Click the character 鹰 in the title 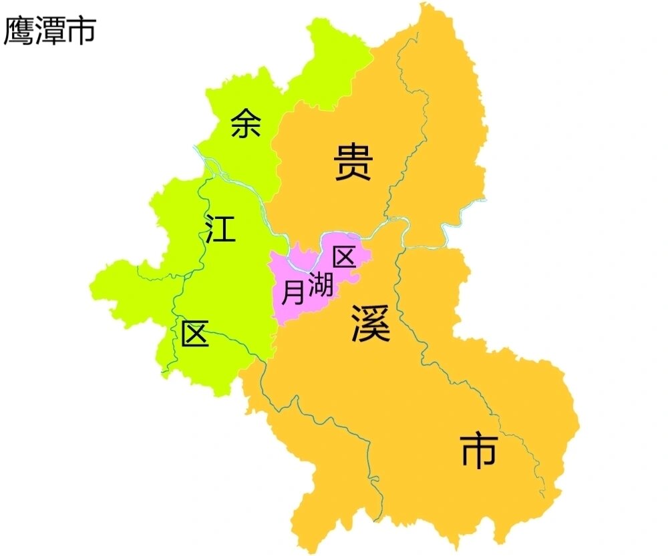coord(19,31)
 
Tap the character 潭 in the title coord(50,31)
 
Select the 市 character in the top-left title coord(81,31)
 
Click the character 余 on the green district coord(245,123)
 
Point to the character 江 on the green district coord(220,228)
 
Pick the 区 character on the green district coord(195,334)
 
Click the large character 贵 coord(353,164)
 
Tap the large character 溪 coord(371,323)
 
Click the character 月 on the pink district coord(293,293)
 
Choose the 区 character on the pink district coord(344,257)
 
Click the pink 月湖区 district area coord(301,267)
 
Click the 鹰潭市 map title coord(50,31)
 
